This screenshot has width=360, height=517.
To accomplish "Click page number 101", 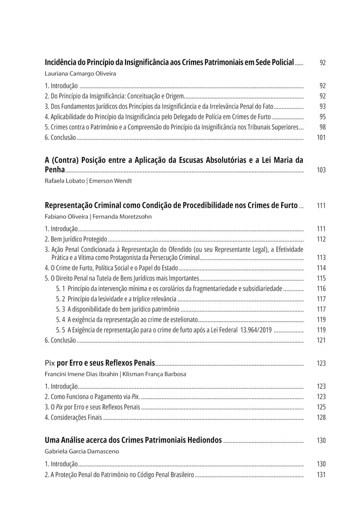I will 321,138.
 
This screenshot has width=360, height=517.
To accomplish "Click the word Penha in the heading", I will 55,170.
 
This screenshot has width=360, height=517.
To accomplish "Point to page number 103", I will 321,171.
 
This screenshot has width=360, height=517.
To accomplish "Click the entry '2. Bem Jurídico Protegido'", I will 76,239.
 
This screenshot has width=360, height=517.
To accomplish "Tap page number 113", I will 321,258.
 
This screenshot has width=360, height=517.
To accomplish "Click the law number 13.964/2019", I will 253,330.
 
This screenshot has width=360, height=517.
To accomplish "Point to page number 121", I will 321,340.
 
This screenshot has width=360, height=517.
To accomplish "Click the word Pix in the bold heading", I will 50,363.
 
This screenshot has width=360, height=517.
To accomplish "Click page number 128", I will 321,418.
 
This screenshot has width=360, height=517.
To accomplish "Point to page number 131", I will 321,475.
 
